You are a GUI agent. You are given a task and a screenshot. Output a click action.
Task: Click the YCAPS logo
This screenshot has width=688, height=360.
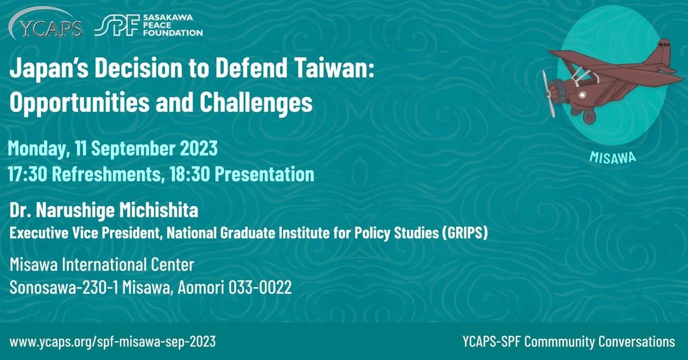coord(45,24)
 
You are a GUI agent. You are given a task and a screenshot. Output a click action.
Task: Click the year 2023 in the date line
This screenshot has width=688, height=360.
coord(199,148)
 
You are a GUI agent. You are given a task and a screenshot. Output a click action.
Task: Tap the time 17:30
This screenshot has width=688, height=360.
coord(28,174)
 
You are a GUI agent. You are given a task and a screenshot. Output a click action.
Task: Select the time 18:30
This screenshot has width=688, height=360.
coord(190,174)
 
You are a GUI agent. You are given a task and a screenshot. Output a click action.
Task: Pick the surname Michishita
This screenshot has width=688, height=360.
coord(159,210)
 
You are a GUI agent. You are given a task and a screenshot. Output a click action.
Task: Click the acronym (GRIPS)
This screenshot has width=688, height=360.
coord(465,233)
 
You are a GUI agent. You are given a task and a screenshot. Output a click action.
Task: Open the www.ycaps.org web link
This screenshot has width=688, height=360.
coord(112,342)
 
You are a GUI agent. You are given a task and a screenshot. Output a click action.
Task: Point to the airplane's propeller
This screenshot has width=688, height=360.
coord(549,94)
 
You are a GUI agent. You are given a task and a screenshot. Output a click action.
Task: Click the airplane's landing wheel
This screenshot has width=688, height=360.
coord(589,116)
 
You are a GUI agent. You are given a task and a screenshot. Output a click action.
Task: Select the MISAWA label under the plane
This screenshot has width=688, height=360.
coord(613,158)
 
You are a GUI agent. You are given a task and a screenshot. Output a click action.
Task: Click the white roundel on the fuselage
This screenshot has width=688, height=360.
coord(582,95)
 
